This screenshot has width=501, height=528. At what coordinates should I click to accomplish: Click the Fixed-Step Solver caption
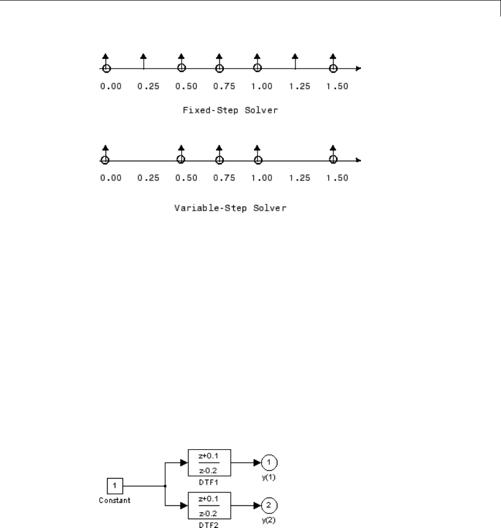230,111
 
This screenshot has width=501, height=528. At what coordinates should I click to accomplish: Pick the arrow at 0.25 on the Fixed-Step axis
144,61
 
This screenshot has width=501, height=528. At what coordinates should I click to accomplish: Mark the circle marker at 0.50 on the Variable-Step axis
181,160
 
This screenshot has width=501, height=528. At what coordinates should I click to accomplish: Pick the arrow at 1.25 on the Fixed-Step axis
295,61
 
